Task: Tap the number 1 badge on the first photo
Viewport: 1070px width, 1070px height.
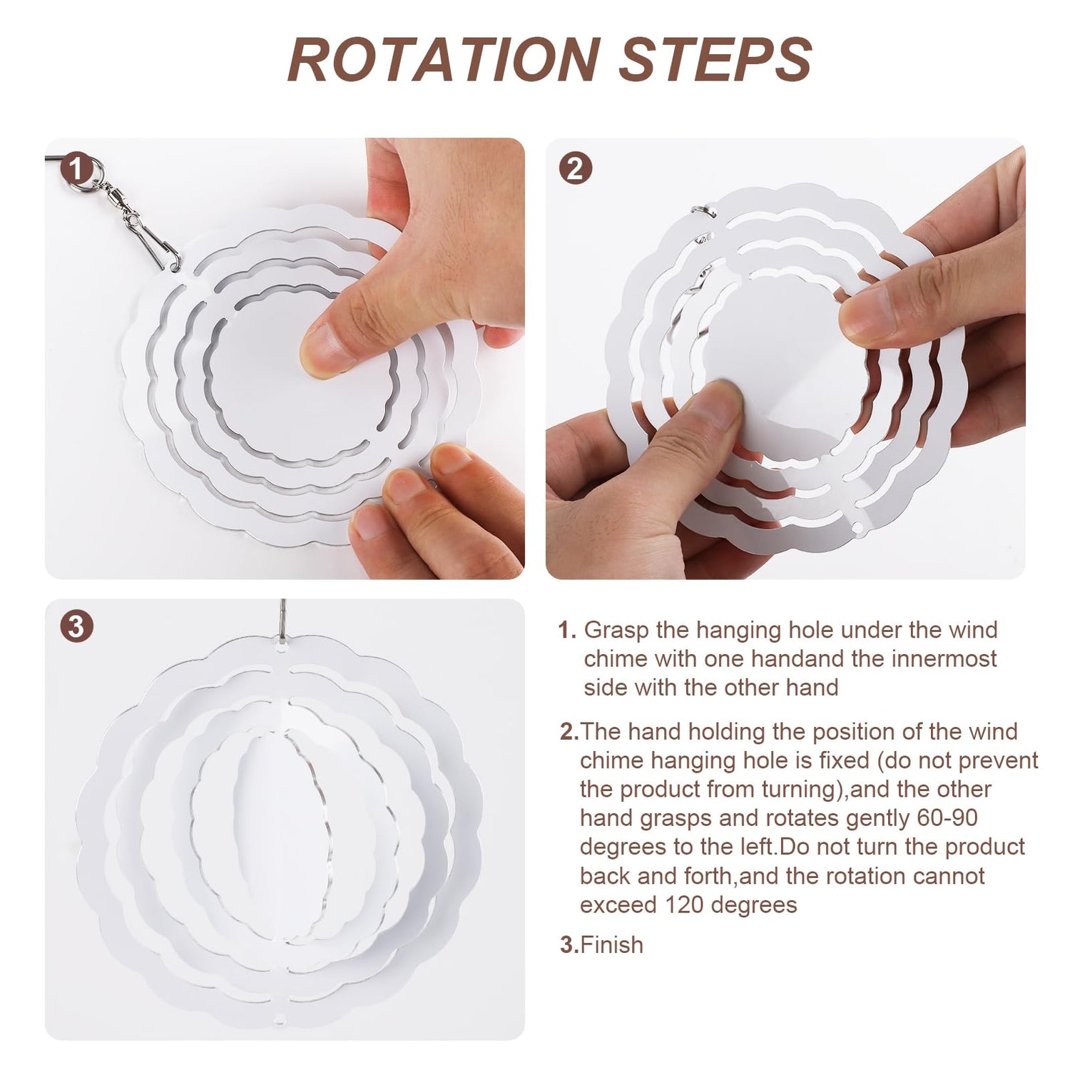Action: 76,170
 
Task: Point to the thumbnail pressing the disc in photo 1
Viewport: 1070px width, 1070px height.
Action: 328,350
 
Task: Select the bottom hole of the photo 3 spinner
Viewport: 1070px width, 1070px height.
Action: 280,1016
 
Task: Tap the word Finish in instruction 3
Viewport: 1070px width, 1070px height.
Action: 612,944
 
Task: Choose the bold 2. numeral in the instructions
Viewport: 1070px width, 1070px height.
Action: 569,732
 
